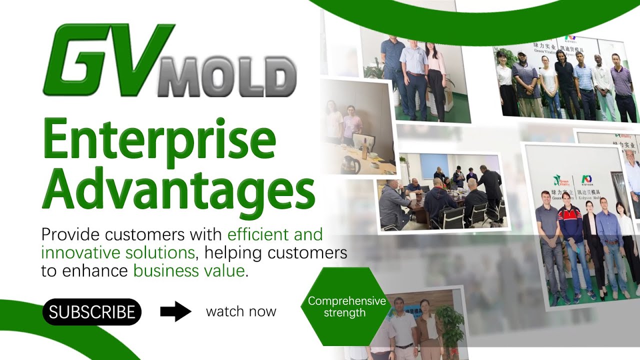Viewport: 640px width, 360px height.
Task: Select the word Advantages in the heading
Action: pyautogui.click(x=178, y=191)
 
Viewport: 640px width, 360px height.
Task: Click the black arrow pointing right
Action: pyautogui.click(x=175, y=311)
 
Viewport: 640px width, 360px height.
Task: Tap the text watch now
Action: pyautogui.click(x=241, y=311)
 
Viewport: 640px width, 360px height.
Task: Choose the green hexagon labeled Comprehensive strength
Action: pyautogui.click(x=346, y=306)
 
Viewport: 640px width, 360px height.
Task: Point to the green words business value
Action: pyautogui.click(x=189, y=271)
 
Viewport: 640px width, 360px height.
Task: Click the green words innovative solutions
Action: pyautogui.click(x=117, y=252)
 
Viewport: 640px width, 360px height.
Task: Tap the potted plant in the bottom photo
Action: pyautogui.click(x=450, y=325)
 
